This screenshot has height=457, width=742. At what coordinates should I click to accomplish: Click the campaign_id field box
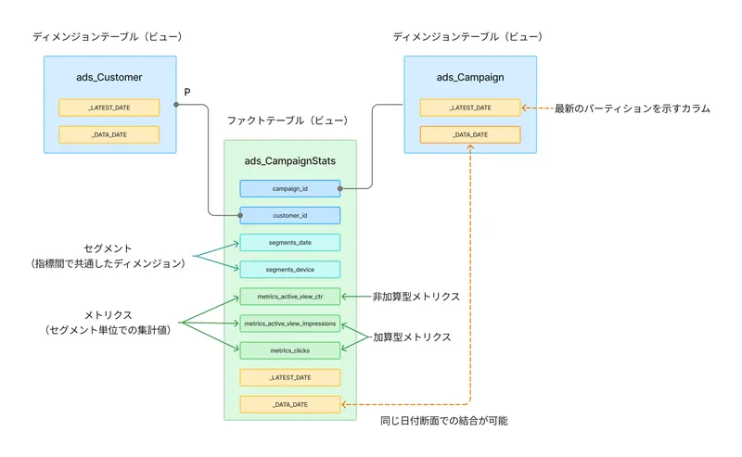pyautogui.click(x=289, y=188)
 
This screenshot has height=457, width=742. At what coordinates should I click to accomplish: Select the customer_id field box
pyautogui.click(x=289, y=215)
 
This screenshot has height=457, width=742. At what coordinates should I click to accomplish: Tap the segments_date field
pyautogui.click(x=289, y=242)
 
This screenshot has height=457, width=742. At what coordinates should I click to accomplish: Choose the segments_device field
pyautogui.click(x=289, y=269)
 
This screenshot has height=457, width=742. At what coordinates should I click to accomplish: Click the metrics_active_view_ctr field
pyautogui.click(x=289, y=297)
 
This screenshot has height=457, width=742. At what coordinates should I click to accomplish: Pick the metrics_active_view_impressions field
pyautogui.click(x=289, y=324)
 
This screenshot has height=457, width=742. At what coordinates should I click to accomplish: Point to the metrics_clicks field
pyautogui.click(x=289, y=350)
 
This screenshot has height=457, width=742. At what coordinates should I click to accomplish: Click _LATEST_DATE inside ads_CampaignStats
pyautogui.click(x=289, y=377)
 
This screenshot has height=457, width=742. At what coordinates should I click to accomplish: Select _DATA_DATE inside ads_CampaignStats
pyautogui.click(x=289, y=404)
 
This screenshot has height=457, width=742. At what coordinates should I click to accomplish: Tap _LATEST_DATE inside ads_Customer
pyautogui.click(x=109, y=108)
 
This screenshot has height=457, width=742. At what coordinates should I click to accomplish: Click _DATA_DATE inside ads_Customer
pyautogui.click(x=109, y=134)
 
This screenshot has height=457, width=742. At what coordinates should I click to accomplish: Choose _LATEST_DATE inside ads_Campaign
pyautogui.click(x=469, y=108)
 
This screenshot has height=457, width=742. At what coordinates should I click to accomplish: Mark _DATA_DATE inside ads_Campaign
pyautogui.click(x=469, y=134)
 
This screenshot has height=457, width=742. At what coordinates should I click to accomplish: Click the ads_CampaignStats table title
pyautogui.click(x=289, y=161)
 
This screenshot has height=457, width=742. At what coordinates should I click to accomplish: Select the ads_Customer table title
pyautogui.click(x=109, y=77)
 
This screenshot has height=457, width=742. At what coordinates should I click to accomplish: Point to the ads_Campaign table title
pyautogui.click(x=469, y=77)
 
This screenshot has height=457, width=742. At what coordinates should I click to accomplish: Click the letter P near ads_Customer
pyautogui.click(x=187, y=92)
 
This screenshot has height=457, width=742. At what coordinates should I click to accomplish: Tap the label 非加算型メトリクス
pyautogui.click(x=416, y=297)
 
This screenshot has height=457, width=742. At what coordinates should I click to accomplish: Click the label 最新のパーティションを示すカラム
pyautogui.click(x=632, y=108)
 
